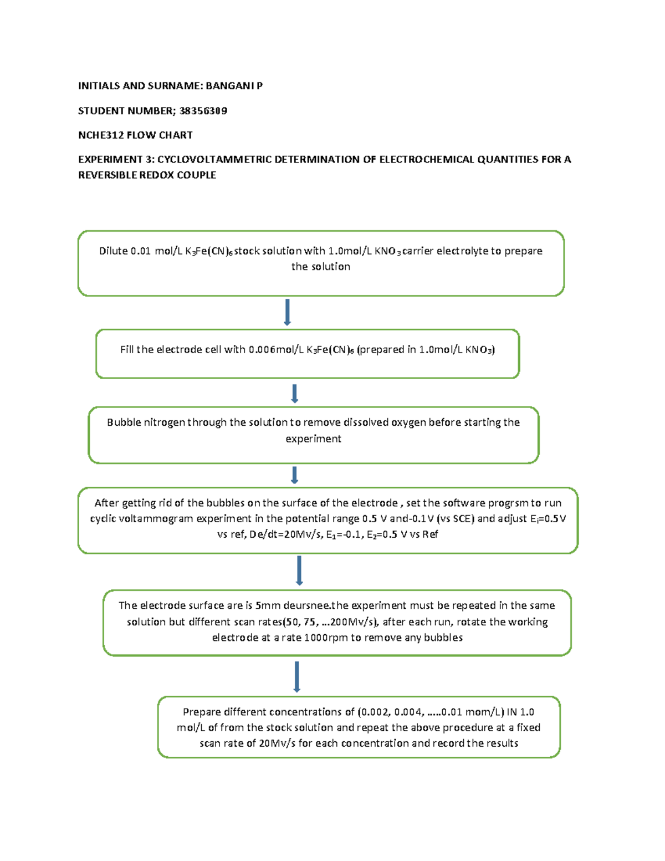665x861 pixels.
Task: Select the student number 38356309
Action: click(x=203, y=111)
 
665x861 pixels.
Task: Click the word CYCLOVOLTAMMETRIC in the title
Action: click(x=214, y=160)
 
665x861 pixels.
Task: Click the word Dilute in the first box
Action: click(x=113, y=251)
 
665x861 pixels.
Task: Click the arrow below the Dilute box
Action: click(x=287, y=312)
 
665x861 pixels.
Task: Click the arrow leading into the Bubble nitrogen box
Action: click(x=294, y=394)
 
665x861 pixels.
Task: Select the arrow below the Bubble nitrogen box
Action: click(x=294, y=475)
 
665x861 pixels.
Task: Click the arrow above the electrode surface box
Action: click(x=299, y=570)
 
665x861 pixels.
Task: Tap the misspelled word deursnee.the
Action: click(x=316, y=605)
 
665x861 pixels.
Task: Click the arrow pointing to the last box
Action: click(x=297, y=676)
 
